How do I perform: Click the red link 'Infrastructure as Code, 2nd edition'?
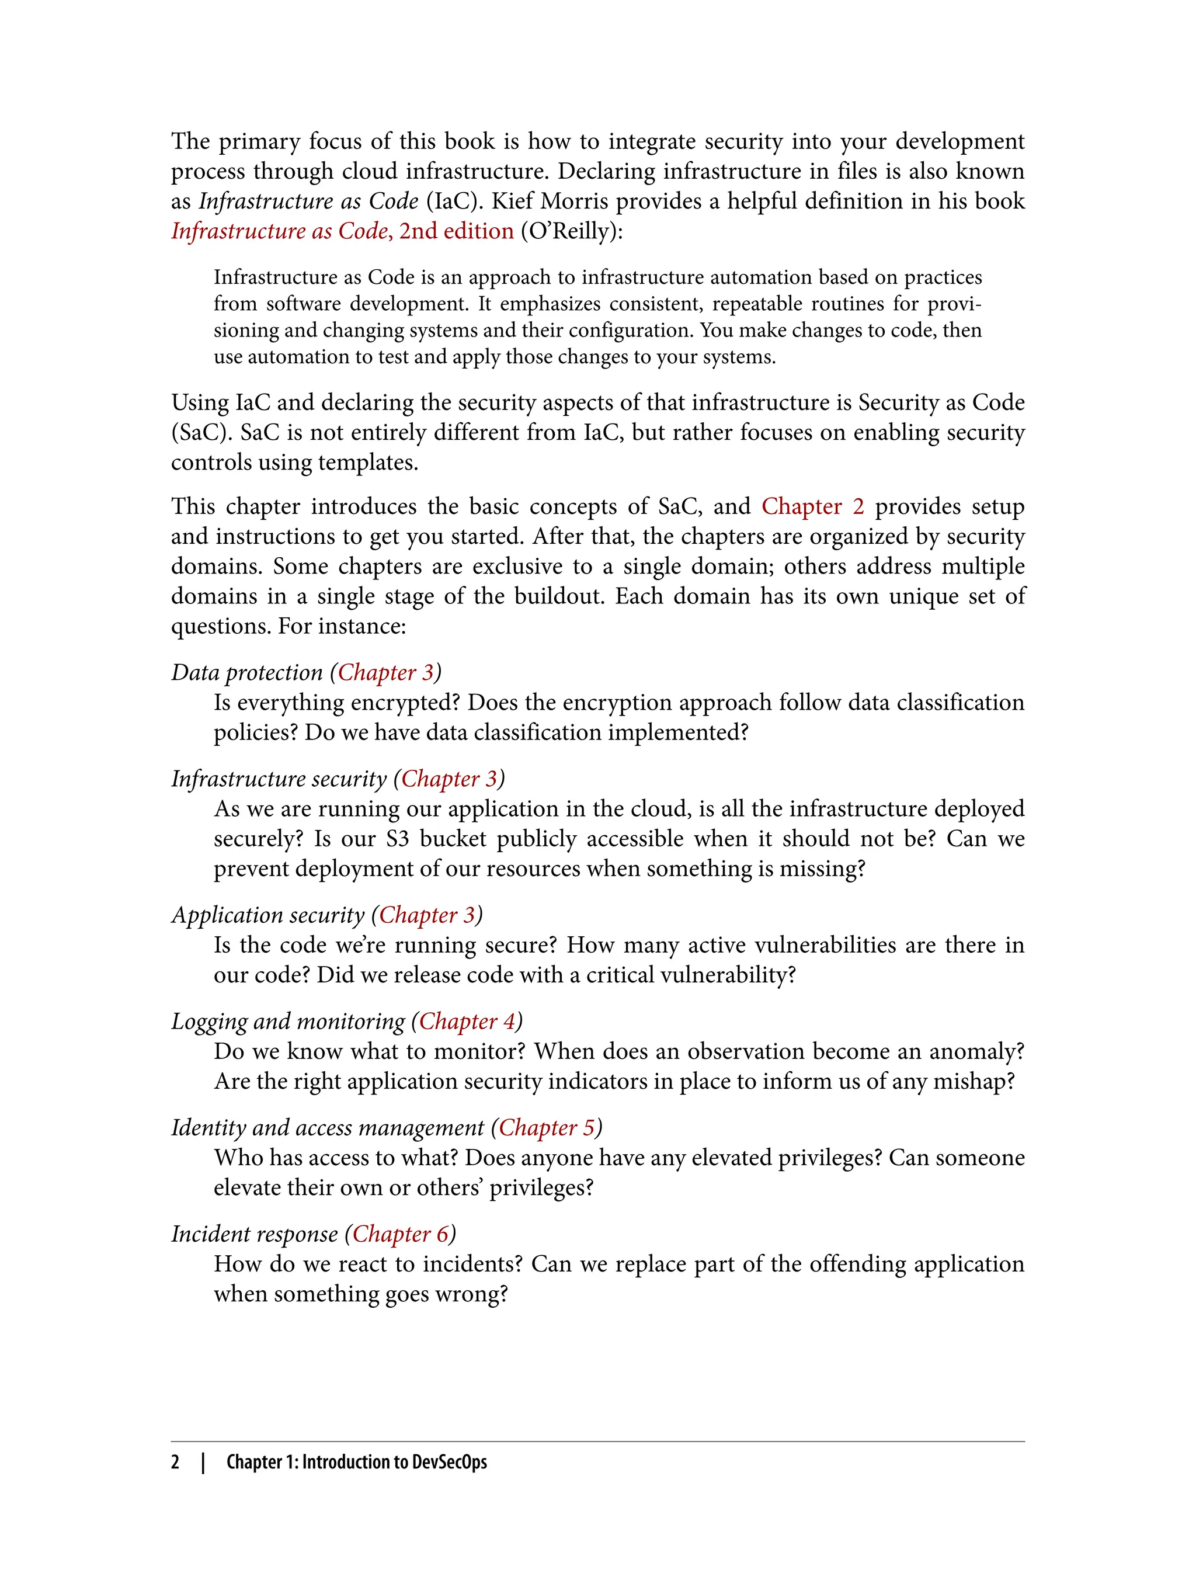pyautogui.click(x=342, y=231)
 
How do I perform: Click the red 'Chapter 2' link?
pyautogui.click(x=812, y=506)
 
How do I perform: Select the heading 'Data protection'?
pyautogui.click(x=246, y=673)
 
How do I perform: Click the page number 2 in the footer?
pyautogui.click(x=175, y=1462)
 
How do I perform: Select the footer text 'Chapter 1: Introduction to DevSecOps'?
pyautogui.click(x=357, y=1462)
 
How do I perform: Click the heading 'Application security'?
pyautogui.click(x=267, y=916)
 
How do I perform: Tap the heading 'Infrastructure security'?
pyautogui.click(x=279, y=779)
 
